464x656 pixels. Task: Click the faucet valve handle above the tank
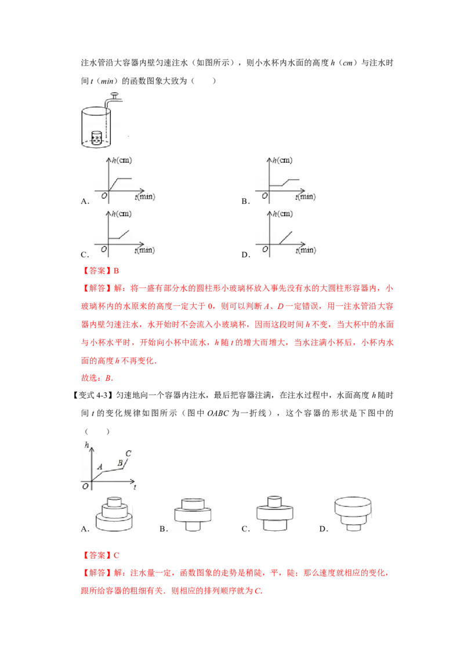tap(114, 93)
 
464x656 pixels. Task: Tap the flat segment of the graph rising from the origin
tap(125, 178)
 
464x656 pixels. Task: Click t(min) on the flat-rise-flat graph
tap(305, 197)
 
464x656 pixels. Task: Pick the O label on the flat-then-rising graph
tap(103, 249)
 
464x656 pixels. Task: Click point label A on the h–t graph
tap(100, 465)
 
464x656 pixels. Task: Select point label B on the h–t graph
tap(120, 462)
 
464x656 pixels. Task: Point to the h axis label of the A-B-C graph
tap(86, 444)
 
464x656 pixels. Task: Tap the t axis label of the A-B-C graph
tap(135, 488)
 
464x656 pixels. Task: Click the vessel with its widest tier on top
tap(352, 512)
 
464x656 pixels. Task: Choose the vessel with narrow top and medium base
tap(273, 512)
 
